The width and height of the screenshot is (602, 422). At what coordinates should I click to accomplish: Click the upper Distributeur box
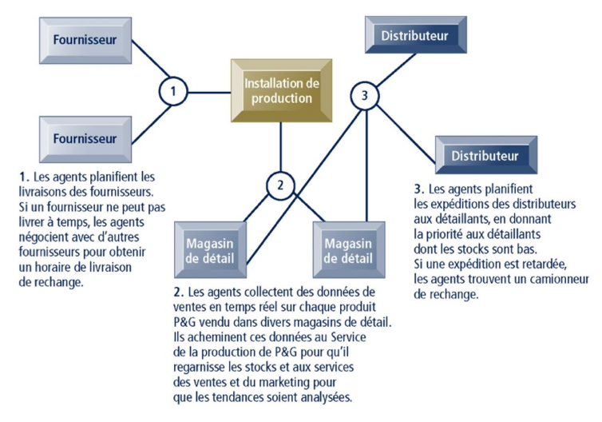(414, 35)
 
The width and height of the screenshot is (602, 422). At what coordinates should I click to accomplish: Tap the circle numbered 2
(280, 185)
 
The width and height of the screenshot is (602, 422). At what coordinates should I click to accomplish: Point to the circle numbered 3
(365, 97)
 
